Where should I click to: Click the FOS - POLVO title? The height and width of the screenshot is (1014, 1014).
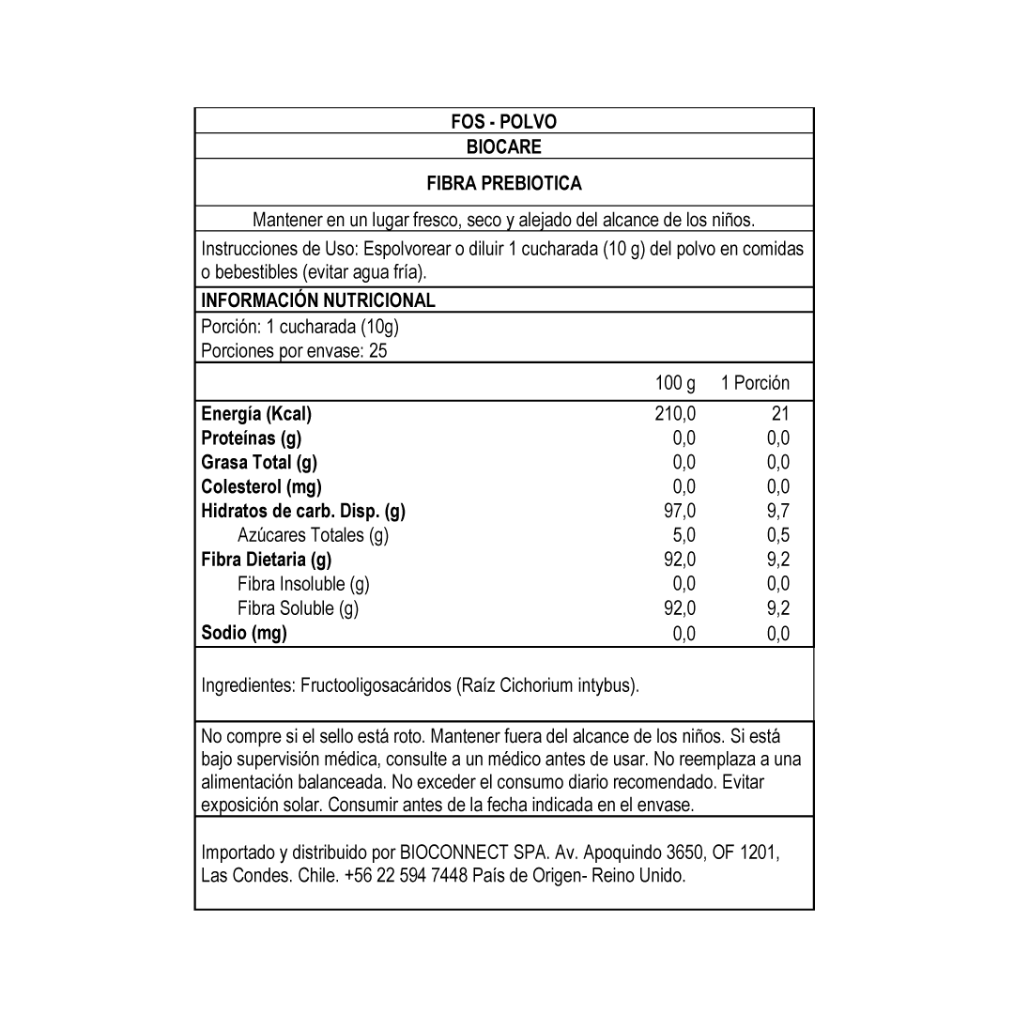pyautogui.click(x=503, y=122)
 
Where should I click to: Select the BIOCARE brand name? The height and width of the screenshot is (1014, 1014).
pyautogui.click(x=503, y=146)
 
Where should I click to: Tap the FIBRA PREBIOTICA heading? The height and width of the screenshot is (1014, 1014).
pyautogui.click(x=503, y=183)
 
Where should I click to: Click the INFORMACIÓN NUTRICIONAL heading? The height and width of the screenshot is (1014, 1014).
pyautogui.click(x=318, y=300)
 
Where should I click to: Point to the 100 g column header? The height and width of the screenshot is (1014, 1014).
pyautogui.click(x=675, y=383)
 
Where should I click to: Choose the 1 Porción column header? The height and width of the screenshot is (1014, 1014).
pyautogui.click(x=755, y=383)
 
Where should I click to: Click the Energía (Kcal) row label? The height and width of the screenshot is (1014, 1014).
pyautogui.click(x=256, y=414)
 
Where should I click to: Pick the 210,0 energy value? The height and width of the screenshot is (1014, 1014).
pyautogui.click(x=675, y=414)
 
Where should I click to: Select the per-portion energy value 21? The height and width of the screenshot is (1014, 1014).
pyautogui.click(x=779, y=414)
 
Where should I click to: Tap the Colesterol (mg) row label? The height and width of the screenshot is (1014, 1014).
pyautogui.click(x=261, y=486)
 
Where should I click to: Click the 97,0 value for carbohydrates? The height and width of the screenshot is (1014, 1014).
pyautogui.click(x=679, y=512)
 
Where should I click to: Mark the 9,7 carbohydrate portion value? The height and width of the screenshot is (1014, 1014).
pyautogui.click(x=777, y=512)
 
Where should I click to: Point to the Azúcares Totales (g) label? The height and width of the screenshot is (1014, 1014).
pyautogui.click(x=313, y=535)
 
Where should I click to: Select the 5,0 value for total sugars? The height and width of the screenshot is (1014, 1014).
pyautogui.click(x=684, y=535)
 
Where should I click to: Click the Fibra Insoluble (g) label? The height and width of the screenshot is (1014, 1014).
pyautogui.click(x=303, y=584)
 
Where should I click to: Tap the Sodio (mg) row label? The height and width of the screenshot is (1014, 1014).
pyautogui.click(x=244, y=633)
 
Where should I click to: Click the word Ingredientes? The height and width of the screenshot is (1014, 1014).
pyautogui.click(x=248, y=686)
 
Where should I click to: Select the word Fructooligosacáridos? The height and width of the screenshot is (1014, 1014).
pyautogui.click(x=376, y=686)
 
